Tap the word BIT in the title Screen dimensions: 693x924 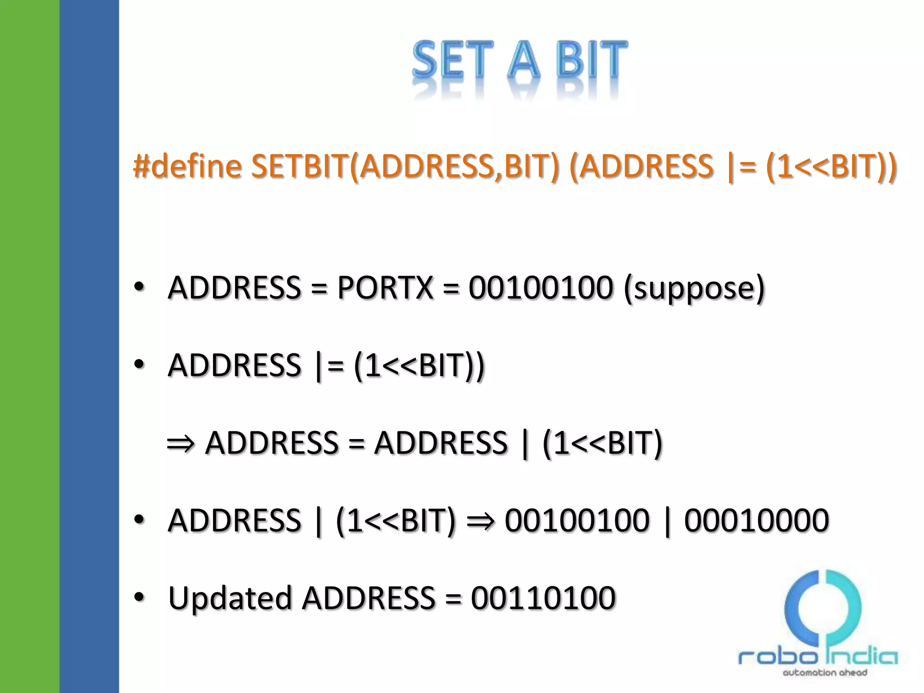591,60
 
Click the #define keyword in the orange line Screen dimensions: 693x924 187,166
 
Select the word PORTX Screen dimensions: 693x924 385,287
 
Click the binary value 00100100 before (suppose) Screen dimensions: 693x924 541,287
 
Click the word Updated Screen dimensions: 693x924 230,598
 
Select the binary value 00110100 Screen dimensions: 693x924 543,598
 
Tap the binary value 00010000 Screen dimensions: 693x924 756,520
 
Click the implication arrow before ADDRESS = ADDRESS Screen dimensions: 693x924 180,444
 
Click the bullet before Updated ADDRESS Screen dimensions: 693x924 139,596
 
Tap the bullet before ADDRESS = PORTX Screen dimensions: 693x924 139,286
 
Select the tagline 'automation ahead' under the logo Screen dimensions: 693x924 825,673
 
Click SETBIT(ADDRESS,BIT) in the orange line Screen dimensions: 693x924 405,166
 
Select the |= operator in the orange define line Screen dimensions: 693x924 741,166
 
